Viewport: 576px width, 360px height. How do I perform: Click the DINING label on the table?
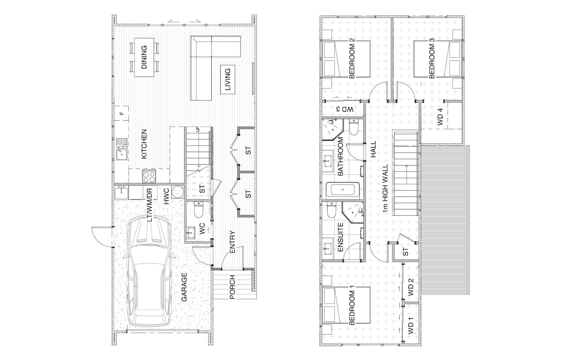point(144,57)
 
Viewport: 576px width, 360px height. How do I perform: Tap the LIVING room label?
point(228,79)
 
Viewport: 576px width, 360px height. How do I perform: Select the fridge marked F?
point(122,113)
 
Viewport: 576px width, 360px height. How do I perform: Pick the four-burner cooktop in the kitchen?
point(149,176)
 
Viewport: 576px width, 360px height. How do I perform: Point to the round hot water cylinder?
point(178,192)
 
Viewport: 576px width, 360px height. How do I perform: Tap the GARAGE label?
point(184,287)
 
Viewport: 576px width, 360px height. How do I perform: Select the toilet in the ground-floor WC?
point(198,209)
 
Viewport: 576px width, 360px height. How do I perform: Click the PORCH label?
point(232,287)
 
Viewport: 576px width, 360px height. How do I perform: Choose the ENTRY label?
point(232,242)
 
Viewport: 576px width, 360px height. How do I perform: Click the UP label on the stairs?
point(198,129)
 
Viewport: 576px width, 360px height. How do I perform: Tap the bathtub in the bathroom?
point(343,190)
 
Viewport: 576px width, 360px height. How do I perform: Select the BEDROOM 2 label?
point(352,58)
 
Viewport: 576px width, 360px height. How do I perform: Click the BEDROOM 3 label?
point(432,58)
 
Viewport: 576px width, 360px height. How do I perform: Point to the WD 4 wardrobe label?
point(441,117)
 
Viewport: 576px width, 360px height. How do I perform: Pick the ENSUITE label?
point(341,237)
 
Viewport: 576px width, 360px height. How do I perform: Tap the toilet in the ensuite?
point(332,209)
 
